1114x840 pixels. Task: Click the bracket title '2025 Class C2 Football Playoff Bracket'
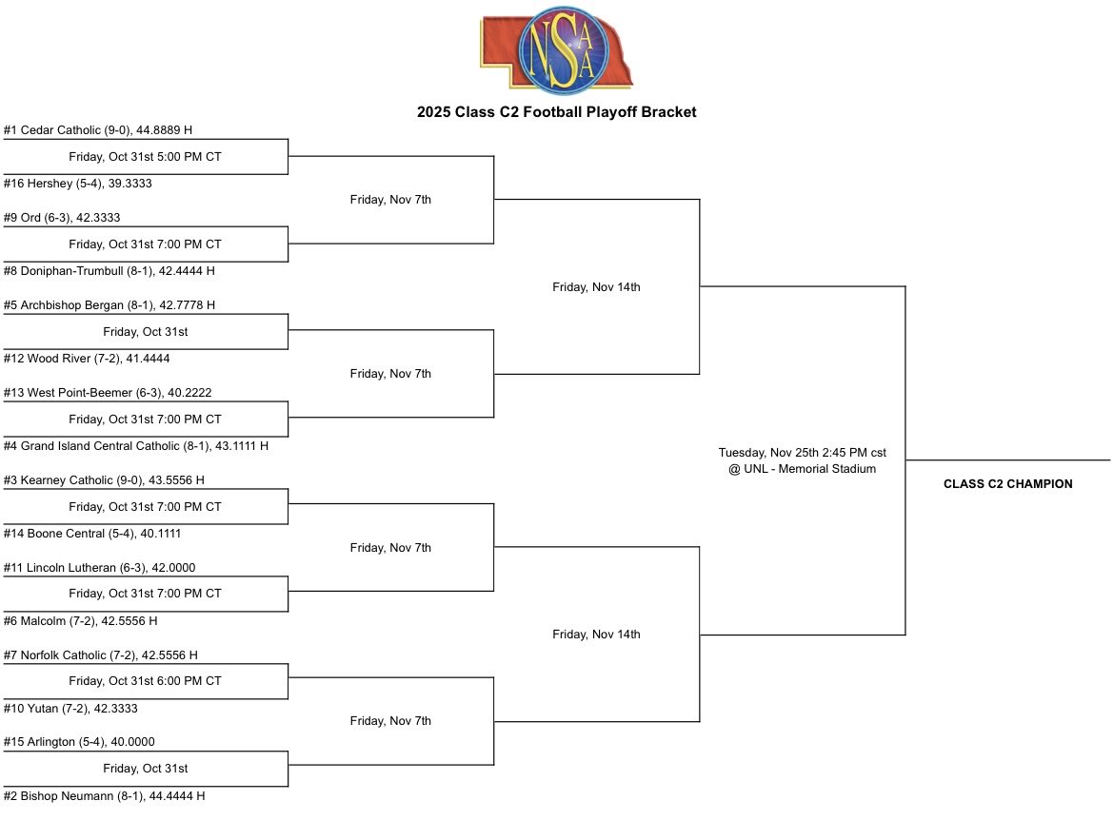tap(556, 112)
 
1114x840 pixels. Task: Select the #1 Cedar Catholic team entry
tap(98, 130)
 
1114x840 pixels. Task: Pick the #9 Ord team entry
tap(62, 218)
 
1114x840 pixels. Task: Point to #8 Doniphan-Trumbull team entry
tap(109, 271)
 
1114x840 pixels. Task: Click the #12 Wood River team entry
tap(87, 359)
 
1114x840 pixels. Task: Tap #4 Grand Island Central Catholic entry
tap(135, 445)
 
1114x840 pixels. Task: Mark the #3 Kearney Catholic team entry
tap(104, 480)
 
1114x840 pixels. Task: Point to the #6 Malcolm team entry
tap(80, 621)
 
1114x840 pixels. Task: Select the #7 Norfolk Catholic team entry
tap(100, 655)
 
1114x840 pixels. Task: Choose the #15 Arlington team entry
tap(79, 742)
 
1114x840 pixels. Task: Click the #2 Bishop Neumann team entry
tap(104, 795)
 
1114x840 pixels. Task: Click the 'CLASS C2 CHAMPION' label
tap(1007, 484)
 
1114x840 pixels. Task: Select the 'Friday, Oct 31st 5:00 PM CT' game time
tap(145, 157)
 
